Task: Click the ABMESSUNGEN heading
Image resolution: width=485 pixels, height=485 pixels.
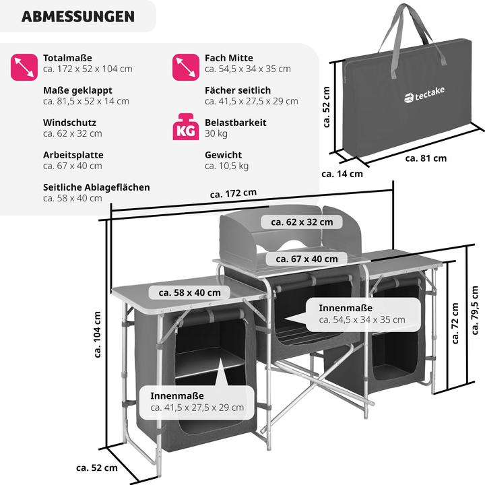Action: coord(77,16)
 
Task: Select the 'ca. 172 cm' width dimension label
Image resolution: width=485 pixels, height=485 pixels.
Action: coord(233,193)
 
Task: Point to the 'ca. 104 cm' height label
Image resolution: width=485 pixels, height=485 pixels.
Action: coord(98,335)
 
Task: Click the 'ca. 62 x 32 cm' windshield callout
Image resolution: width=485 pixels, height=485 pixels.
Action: coord(302,222)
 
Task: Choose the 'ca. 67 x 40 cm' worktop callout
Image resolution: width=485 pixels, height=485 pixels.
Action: coord(306,259)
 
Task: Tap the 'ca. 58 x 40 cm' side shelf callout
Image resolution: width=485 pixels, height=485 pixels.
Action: coord(189,292)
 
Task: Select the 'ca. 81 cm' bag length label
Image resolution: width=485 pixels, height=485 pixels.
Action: coord(426,158)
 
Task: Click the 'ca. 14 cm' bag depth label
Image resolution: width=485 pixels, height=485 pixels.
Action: coord(342,173)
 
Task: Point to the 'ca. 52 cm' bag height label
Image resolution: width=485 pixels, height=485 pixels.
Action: coord(326,106)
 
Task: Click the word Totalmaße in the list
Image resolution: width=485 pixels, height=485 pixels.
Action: coord(67,58)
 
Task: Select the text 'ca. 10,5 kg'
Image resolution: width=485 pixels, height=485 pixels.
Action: coord(227,166)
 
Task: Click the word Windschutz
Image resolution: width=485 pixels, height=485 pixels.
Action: coord(69,123)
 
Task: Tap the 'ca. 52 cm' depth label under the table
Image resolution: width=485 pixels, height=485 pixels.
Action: coord(96,467)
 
